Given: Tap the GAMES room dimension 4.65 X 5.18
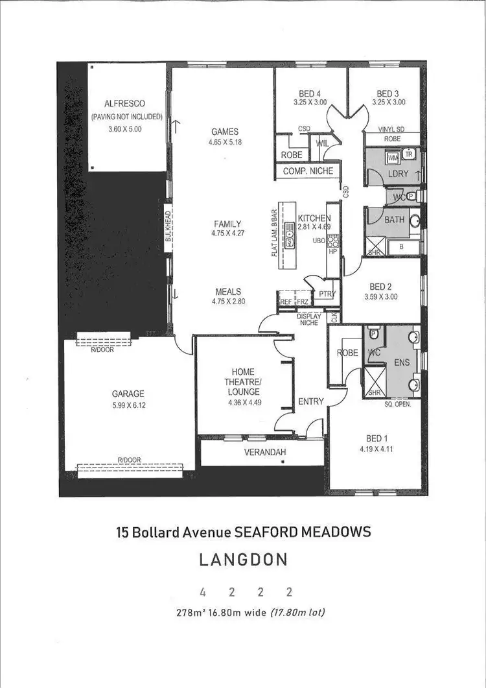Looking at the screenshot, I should pos(225,141).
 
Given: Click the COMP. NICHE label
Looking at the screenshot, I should pos(308,171).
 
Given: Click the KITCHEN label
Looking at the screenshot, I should pos(314,218).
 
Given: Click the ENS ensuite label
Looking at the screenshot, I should pos(402,362).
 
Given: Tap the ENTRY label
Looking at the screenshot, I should pos(310,402).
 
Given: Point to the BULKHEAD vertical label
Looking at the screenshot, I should pos(167,227).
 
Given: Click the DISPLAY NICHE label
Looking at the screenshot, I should pos(309,319).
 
